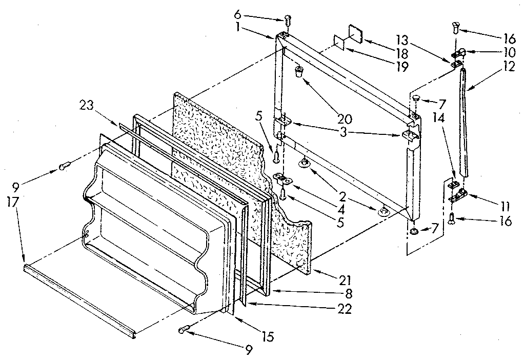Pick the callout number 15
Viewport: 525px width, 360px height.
[x=267, y=337]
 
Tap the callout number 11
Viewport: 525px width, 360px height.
[x=505, y=206]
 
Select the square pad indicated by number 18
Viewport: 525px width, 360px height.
[x=355, y=33]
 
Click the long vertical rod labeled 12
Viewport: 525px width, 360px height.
[x=465, y=123]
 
